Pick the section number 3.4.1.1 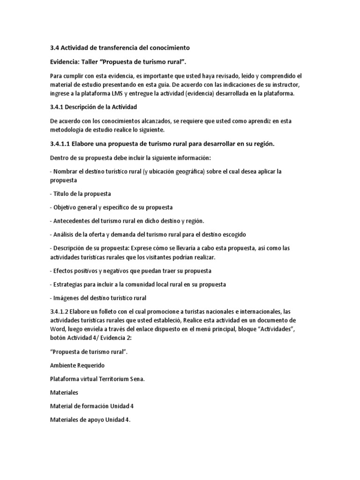[x=62, y=144]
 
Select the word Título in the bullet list [x=62, y=194]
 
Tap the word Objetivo [x=66, y=207]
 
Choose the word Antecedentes [x=73, y=221]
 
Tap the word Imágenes [x=67, y=298]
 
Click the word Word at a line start [x=58, y=329]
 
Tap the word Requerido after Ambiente [x=92, y=365]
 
